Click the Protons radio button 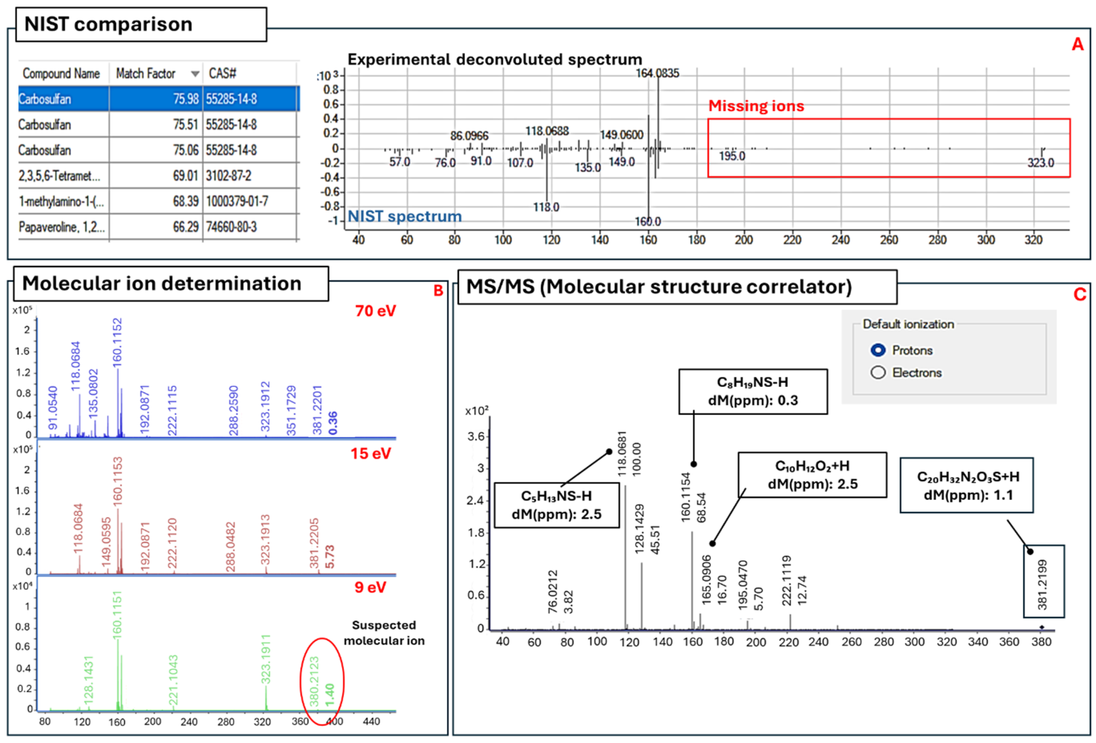pyautogui.click(x=878, y=350)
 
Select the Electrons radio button pyautogui.click(x=878, y=373)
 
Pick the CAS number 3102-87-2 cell pyautogui.click(x=229, y=176)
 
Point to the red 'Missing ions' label pyautogui.click(x=756, y=106)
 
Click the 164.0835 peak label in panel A pyautogui.click(x=657, y=73)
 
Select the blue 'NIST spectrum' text pyautogui.click(x=405, y=217)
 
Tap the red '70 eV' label pyautogui.click(x=375, y=311)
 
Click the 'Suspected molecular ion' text pyautogui.click(x=384, y=633)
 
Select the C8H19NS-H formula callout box pyautogui.click(x=753, y=391)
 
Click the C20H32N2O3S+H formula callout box pyautogui.click(x=967, y=485)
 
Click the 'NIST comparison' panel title pyautogui.click(x=108, y=24)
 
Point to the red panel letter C pyautogui.click(x=1079, y=294)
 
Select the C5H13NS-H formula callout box pyautogui.click(x=556, y=505)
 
